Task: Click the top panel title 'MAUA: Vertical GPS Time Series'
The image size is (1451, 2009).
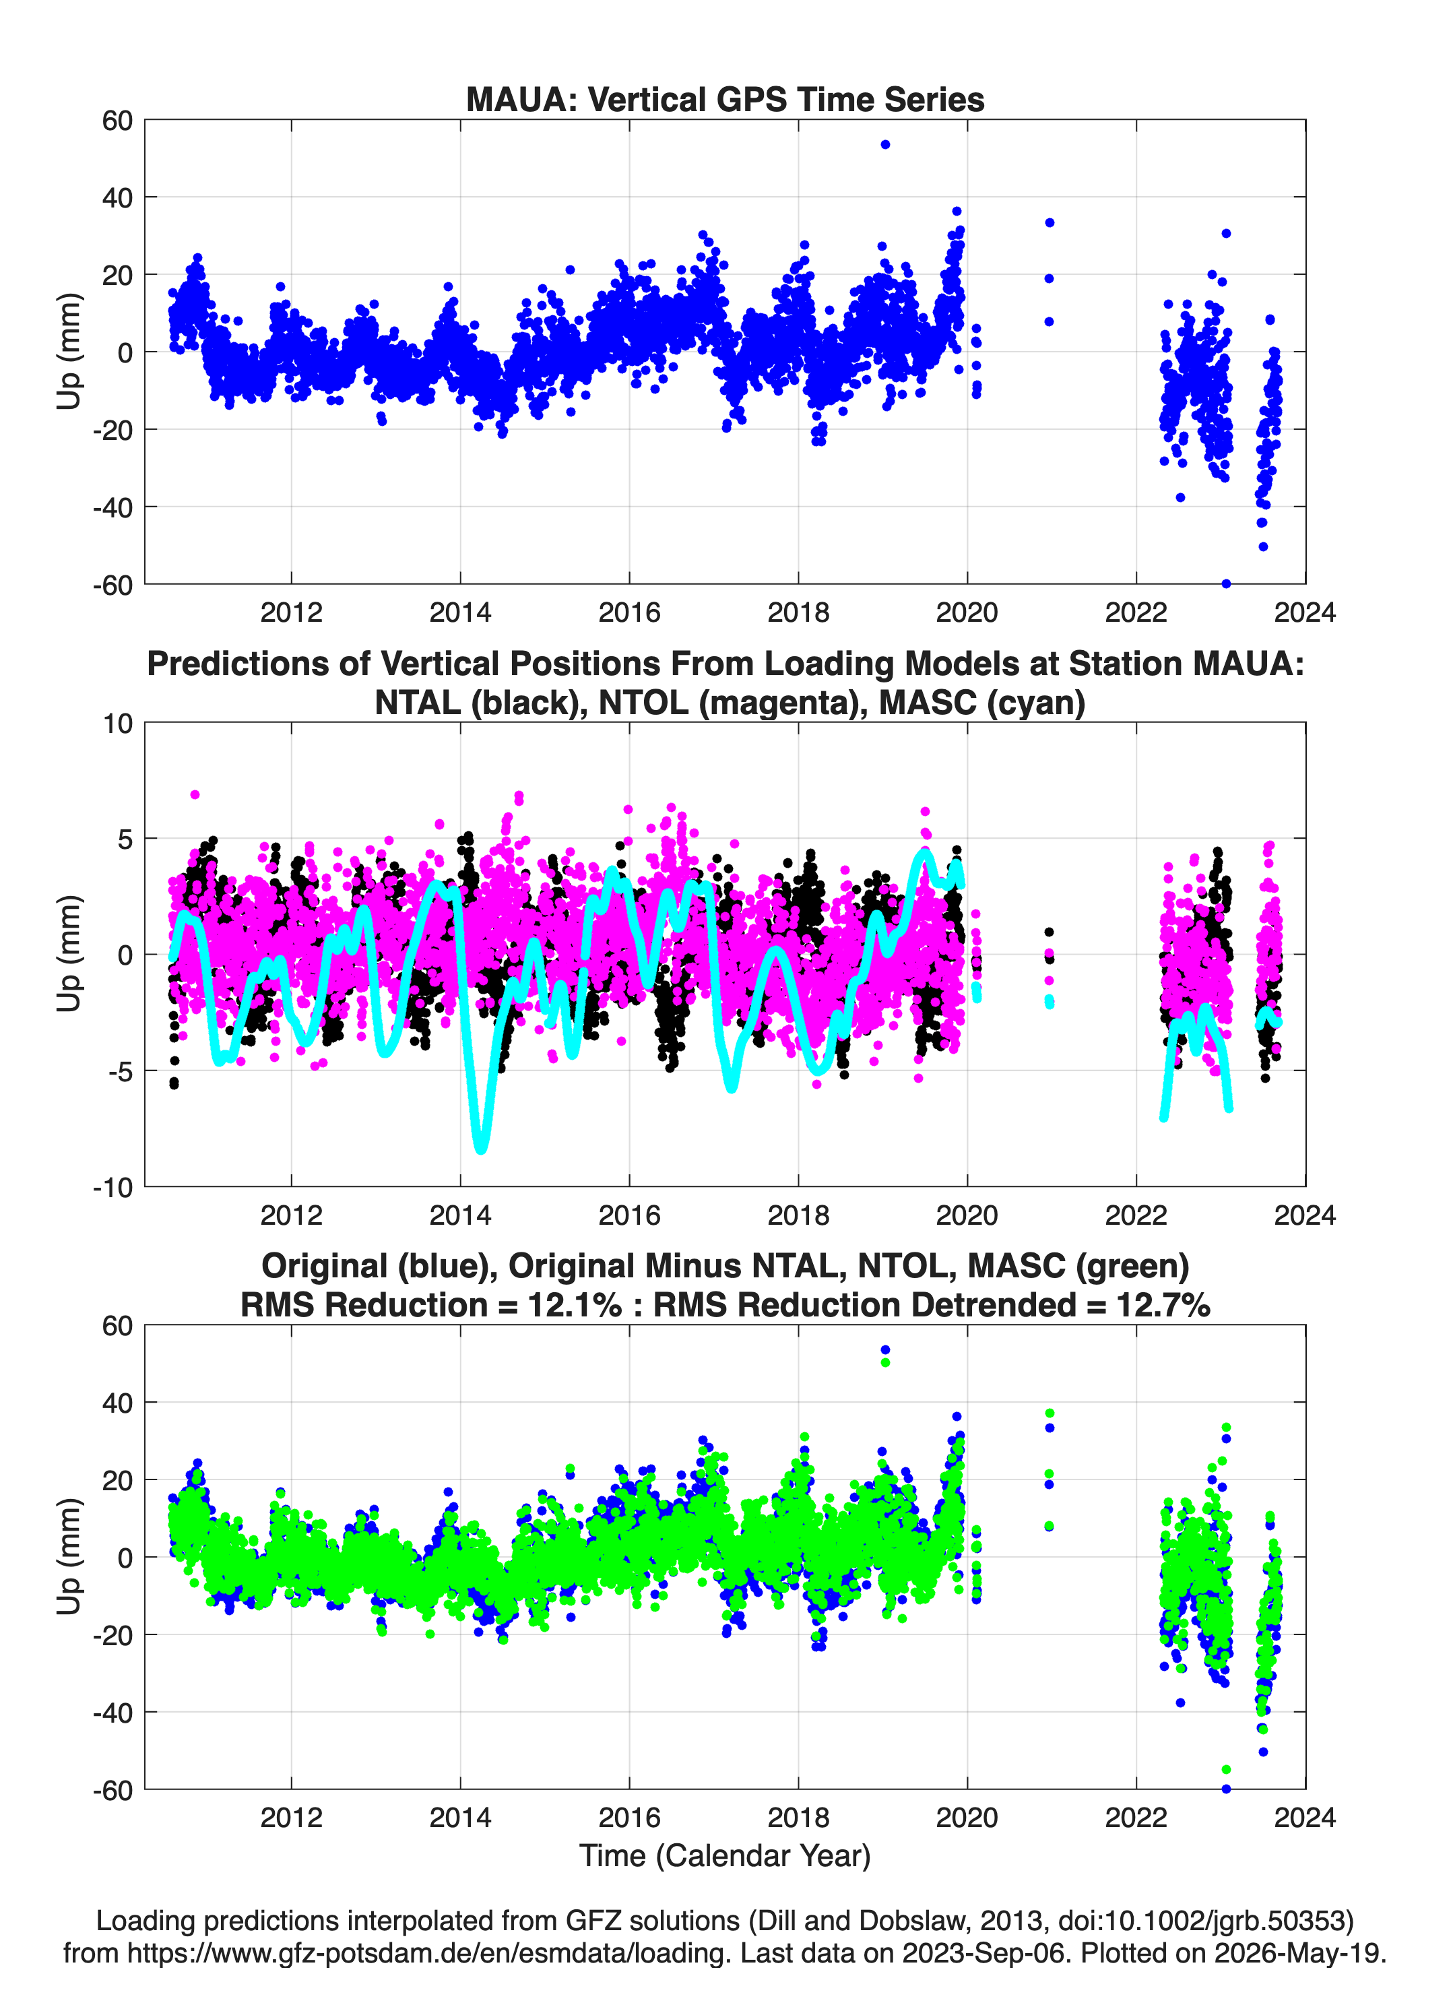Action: [725, 99]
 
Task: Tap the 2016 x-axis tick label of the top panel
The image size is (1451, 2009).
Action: [629, 612]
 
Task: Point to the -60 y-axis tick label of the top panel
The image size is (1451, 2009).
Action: [113, 585]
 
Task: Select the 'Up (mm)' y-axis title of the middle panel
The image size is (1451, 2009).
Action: [69, 954]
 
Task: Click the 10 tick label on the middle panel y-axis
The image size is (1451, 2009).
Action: [118, 724]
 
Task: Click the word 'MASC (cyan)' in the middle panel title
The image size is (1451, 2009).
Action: [982, 703]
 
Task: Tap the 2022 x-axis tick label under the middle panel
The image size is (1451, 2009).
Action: [1136, 1215]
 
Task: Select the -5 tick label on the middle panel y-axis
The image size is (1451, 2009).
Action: [119, 1071]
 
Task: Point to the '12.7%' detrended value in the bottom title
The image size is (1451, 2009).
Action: [1162, 1305]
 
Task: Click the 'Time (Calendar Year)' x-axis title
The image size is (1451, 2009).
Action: [725, 1855]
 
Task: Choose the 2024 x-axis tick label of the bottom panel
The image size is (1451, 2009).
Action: [1305, 1818]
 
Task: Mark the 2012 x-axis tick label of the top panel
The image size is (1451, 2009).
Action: [292, 612]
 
